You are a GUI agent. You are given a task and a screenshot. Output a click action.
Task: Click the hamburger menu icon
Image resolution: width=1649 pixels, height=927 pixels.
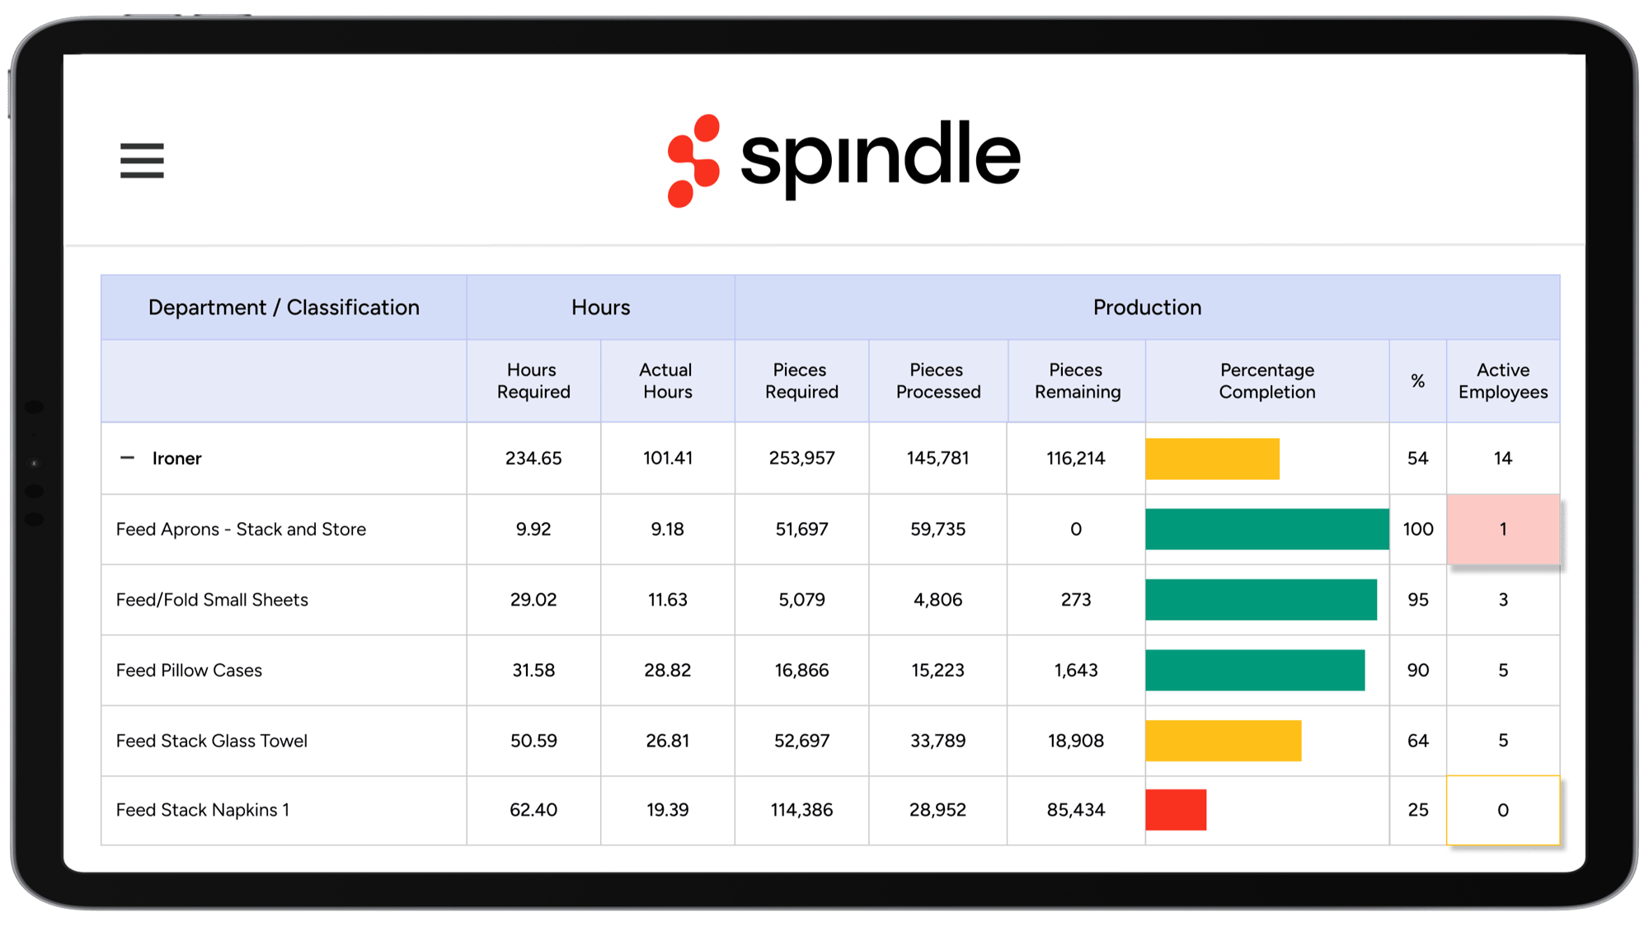(x=142, y=160)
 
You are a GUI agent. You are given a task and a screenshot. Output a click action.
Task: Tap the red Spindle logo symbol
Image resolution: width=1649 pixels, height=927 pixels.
(x=693, y=161)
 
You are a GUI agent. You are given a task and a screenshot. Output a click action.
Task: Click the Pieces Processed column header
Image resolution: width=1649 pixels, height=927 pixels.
(x=937, y=381)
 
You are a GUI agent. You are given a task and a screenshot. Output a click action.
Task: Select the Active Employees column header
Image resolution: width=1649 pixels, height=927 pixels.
(x=1502, y=381)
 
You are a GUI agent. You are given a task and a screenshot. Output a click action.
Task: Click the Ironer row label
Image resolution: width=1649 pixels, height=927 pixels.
(x=176, y=459)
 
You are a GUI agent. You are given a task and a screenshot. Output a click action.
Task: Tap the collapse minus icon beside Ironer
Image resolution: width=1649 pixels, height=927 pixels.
(x=127, y=458)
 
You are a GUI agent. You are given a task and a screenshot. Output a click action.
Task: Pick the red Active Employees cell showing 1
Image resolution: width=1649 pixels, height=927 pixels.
(x=1502, y=529)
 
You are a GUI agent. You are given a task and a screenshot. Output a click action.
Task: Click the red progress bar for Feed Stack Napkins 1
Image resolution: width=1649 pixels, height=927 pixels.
(x=1176, y=810)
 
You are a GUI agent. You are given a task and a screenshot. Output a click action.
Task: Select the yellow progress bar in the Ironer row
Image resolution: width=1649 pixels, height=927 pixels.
(x=1212, y=459)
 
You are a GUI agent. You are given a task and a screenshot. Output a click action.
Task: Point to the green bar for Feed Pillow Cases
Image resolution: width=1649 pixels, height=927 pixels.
(x=1254, y=671)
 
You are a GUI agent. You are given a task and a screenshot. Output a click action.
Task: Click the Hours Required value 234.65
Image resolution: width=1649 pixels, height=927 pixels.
(x=533, y=459)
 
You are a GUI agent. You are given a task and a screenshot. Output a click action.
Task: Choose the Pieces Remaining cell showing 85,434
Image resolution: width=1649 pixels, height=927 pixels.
(x=1075, y=810)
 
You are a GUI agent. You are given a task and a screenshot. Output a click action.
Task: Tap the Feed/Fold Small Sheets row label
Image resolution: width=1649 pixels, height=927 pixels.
(x=212, y=600)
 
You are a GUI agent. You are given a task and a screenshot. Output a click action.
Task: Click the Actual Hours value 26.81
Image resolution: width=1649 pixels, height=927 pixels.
(x=667, y=741)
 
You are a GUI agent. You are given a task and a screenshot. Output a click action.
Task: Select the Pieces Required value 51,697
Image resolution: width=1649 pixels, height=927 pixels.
(x=801, y=529)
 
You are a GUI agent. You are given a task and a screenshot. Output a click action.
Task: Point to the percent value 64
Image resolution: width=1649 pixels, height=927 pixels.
(x=1417, y=741)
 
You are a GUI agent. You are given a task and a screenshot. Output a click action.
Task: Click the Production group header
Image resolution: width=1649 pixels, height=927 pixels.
(x=1146, y=308)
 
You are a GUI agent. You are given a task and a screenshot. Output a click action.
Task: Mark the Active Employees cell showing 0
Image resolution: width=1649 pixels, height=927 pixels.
(x=1502, y=810)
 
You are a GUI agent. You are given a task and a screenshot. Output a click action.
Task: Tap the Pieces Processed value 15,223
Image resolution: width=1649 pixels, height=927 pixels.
(x=937, y=671)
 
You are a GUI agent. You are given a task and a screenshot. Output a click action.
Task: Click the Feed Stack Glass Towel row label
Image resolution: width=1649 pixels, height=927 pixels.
(x=212, y=741)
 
